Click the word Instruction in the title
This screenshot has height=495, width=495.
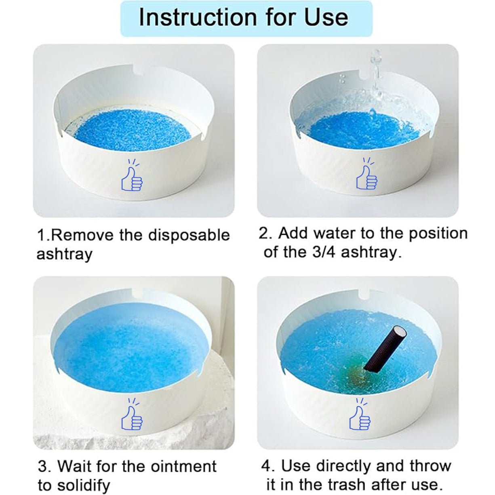point(198,17)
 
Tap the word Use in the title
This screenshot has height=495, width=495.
point(326,17)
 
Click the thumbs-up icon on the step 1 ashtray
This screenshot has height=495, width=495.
point(132,175)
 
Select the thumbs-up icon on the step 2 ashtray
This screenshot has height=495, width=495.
point(367,174)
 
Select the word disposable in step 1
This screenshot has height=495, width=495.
point(190,235)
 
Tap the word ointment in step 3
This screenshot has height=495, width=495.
point(183,459)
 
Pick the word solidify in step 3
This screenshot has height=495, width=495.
point(84,478)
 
